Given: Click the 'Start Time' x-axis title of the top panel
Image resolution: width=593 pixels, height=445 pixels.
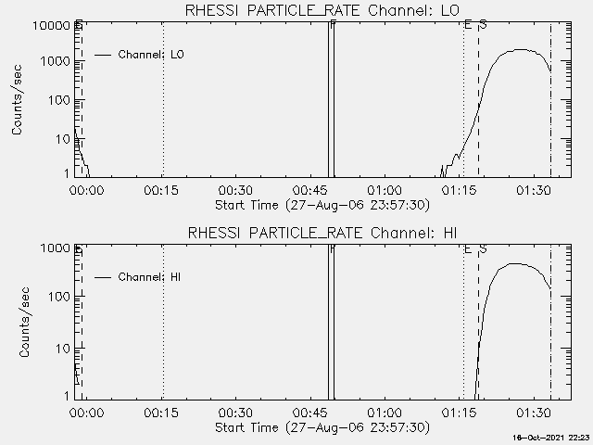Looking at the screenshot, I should tap(321, 204).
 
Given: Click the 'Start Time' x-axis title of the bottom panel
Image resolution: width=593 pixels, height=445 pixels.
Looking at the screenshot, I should tap(321, 427).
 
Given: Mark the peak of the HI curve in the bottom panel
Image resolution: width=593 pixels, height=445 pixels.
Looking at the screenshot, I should tap(514, 264).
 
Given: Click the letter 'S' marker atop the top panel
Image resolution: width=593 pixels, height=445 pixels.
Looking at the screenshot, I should tap(483, 24).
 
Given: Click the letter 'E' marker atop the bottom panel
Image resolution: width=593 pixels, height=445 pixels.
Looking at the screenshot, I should tap(468, 249).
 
